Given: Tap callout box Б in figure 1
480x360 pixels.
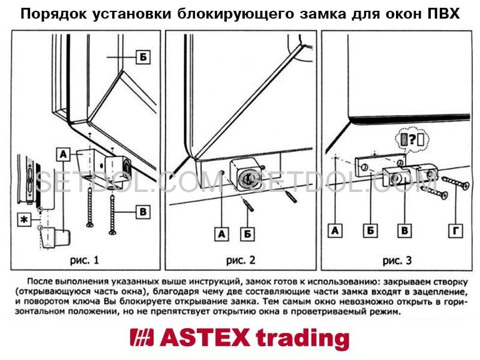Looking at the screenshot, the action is tap(143, 57).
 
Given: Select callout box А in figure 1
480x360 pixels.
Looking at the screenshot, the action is tap(64, 154).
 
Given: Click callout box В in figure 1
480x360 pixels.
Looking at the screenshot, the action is tap(143, 212).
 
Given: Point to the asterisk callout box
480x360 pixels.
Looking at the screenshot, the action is tap(24, 220).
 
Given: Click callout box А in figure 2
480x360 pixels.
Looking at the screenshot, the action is tap(221, 234).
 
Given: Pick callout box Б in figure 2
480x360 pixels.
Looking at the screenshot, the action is tap(247, 234).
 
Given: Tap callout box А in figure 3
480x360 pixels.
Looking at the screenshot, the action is tap(335, 230).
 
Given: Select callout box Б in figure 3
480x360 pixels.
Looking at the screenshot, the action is tap(370, 230).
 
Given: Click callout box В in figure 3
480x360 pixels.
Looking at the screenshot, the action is tap(404, 230).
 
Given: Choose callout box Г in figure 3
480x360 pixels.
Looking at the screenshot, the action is tap(455, 230).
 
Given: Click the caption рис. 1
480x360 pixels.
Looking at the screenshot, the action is tap(85, 260).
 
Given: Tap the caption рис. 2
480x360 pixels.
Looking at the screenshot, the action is tap(241, 260).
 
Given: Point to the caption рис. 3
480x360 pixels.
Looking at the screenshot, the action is tap(397, 260).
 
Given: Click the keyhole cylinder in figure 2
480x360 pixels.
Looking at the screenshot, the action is tap(247, 177).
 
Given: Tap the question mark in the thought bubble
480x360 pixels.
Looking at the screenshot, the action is tap(412, 139).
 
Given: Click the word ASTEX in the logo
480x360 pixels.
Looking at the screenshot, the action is tap(205, 338).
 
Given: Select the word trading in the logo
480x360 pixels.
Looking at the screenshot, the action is tap(302, 339).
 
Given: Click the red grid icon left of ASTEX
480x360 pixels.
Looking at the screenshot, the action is tap(142, 337).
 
